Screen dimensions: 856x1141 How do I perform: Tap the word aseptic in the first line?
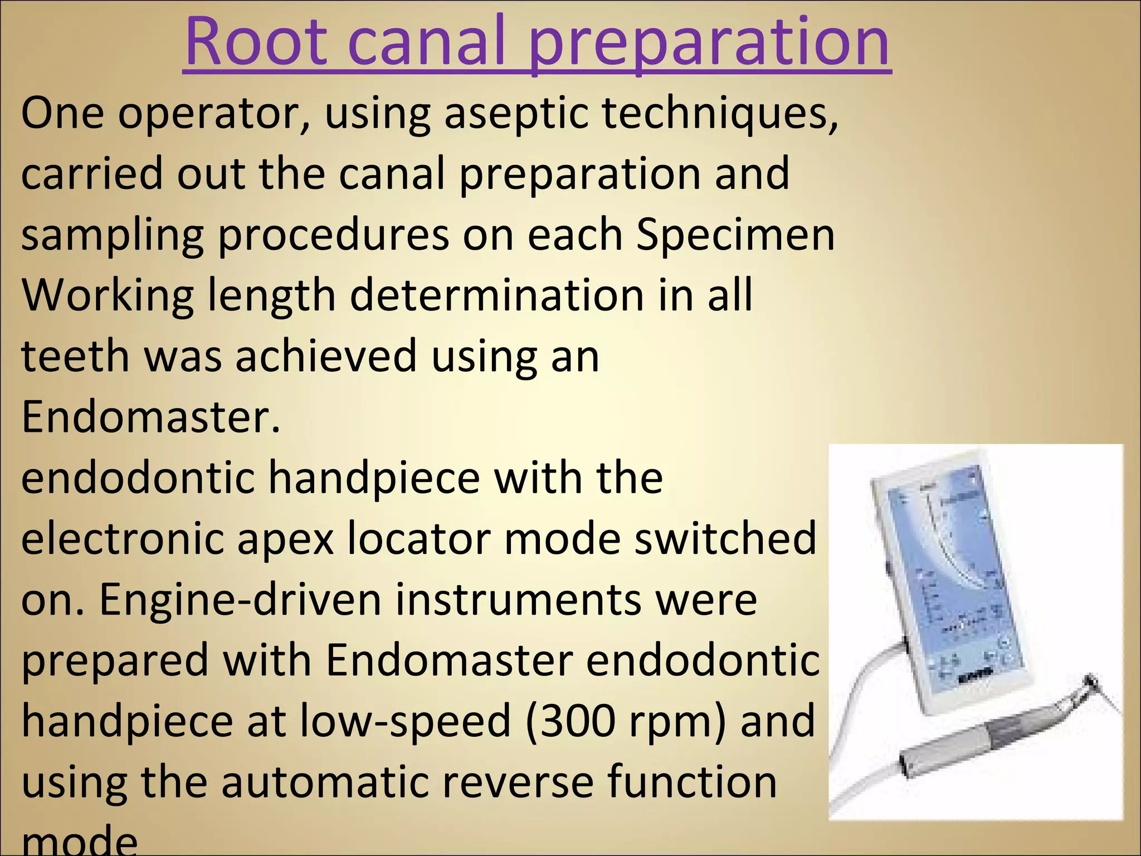pos(515,114)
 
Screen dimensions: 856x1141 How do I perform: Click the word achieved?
pos(326,357)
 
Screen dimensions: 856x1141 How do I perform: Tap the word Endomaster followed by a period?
pos(150,418)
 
